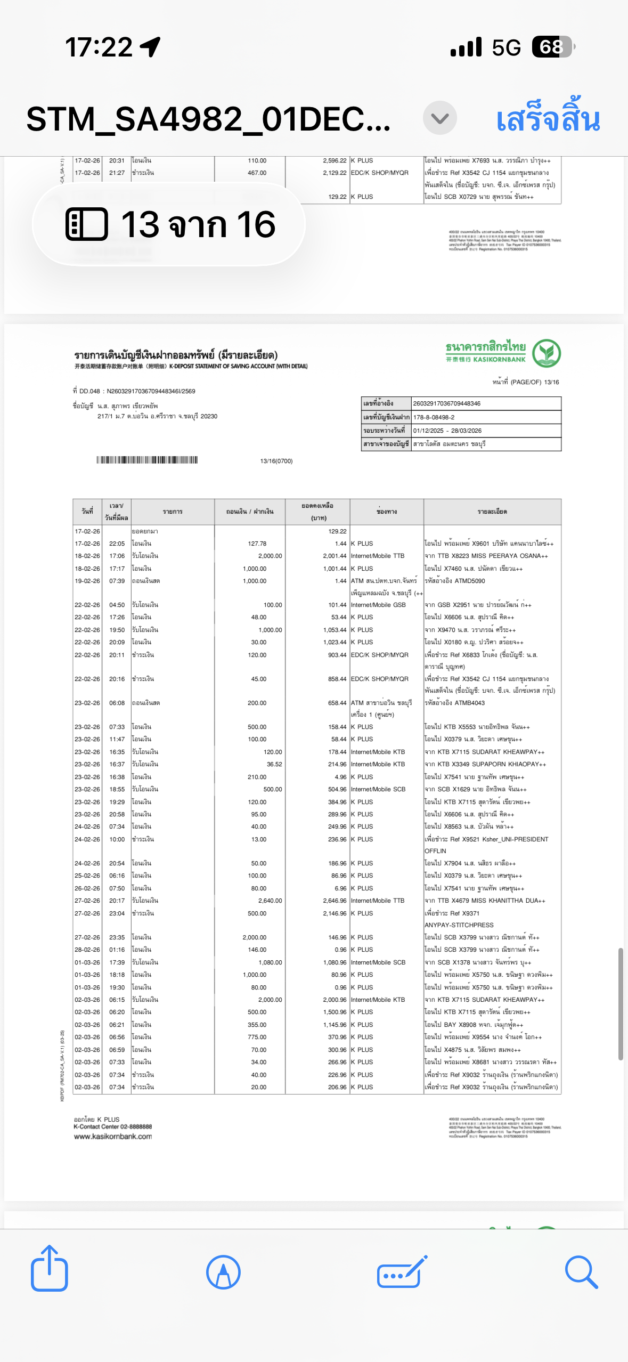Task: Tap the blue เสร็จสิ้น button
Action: [x=548, y=118]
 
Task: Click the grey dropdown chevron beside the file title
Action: [x=439, y=118]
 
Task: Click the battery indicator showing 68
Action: [x=552, y=47]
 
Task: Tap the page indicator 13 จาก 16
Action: [x=169, y=224]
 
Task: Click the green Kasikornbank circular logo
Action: [x=546, y=353]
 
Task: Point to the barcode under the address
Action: [x=147, y=460]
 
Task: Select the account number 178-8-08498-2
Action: [x=434, y=417]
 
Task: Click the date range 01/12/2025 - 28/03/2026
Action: [x=447, y=431]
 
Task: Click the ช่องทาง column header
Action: [x=387, y=512]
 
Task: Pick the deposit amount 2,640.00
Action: [x=270, y=901]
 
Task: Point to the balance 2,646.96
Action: [x=335, y=901]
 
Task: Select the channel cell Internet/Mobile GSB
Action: [x=378, y=605]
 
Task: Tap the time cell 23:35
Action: [x=117, y=937]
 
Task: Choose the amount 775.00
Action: [x=257, y=1037]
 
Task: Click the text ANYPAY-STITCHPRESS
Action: [x=459, y=925]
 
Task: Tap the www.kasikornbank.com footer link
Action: [x=113, y=1137]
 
